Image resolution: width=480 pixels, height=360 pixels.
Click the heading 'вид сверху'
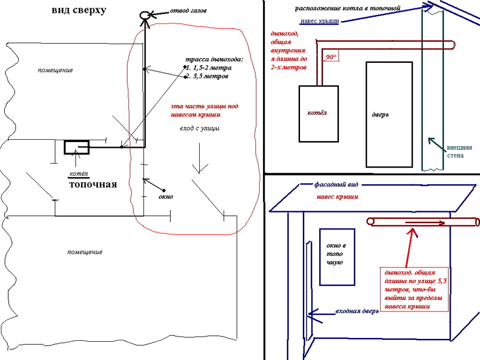[79, 11]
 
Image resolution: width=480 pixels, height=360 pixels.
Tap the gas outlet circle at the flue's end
[144, 15]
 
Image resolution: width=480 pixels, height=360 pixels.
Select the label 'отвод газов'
[189, 11]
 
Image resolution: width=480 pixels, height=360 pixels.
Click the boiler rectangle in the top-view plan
[77, 147]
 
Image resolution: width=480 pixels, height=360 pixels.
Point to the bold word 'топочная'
[93, 184]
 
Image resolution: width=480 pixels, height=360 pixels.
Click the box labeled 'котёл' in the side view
[319, 114]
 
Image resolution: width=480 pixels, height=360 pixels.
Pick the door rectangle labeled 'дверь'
[390, 114]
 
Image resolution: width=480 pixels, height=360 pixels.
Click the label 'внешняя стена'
[455, 152]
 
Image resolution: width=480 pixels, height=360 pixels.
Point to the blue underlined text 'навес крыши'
[319, 22]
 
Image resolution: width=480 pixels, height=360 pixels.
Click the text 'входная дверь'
[357, 311]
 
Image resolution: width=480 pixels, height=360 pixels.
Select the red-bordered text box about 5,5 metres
[412, 288]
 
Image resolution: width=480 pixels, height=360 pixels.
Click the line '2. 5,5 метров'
[207, 76]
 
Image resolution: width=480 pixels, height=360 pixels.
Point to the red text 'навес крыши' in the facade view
[337, 197]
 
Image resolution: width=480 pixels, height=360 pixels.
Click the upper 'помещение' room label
[55, 70]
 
